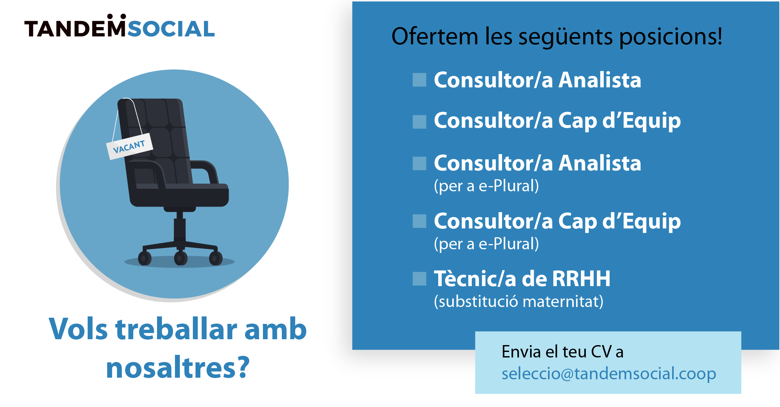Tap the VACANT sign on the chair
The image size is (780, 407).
130,147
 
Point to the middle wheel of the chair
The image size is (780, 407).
181,258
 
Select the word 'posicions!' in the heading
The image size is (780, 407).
671,36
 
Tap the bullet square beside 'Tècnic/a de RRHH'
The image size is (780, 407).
419,279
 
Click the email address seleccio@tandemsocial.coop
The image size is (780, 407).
609,373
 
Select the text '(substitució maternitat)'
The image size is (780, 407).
519,301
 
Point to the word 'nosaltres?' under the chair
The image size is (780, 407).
178,368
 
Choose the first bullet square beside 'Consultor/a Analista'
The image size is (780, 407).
419,80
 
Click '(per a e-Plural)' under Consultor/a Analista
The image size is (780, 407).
486,186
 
